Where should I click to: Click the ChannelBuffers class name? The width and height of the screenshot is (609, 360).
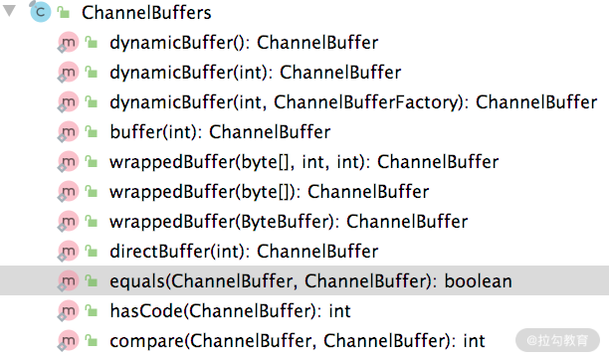click(x=146, y=12)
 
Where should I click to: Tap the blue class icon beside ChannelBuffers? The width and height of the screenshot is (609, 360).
click(x=40, y=12)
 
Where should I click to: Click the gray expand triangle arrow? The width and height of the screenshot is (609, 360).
click(x=9, y=11)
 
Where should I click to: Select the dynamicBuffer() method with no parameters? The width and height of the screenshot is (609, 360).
click(x=244, y=43)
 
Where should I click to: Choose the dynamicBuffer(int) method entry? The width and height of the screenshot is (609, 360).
click(x=255, y=73)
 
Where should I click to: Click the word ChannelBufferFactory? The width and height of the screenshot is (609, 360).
click(x=366, y=102)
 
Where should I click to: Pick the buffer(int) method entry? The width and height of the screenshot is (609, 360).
click(x=220, y=132)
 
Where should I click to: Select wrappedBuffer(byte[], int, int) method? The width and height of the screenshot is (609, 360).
click(x=304, y=162)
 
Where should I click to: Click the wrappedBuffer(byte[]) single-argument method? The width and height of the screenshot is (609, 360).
click(x=269, y=192)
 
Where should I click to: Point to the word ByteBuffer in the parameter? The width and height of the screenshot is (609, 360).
click(x=285, y=222)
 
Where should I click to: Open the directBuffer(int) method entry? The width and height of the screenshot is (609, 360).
click(x=244, y=252)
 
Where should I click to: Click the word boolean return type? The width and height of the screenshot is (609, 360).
click(x=478, y=281)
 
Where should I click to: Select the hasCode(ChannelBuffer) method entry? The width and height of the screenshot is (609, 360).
click(x=230, y=311)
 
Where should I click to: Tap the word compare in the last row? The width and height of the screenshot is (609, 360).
click(x=147, y=341)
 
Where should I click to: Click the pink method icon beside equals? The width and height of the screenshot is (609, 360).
click(x=68, y=280)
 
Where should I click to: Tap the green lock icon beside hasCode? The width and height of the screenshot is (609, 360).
click(x=92, y=310)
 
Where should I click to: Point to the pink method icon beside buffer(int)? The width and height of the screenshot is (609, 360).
click(x=68, y=131)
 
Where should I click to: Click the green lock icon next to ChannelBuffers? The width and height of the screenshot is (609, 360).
click(x=64, y=13)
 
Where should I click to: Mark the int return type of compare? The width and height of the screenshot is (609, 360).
click(x=474, y=340)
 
